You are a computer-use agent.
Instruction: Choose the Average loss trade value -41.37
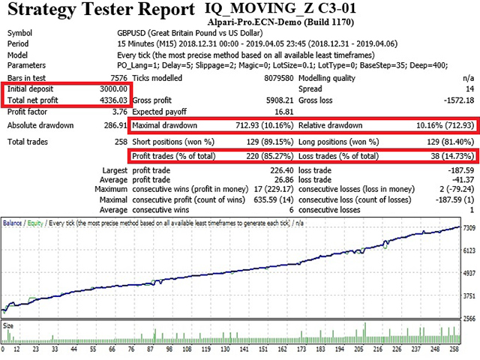pos(460,180)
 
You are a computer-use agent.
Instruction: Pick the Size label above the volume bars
pos(9,325)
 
